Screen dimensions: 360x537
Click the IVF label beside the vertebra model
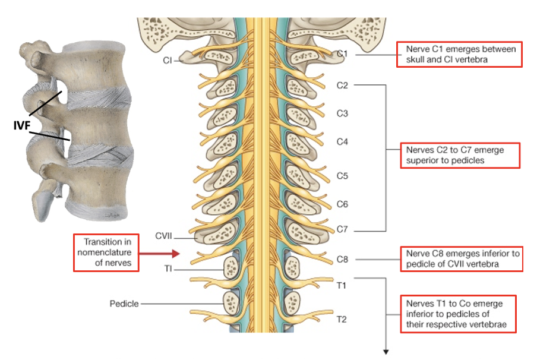[21, 125]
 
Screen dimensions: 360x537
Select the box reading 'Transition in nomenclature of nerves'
[106, 252]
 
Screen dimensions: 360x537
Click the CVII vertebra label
[164, 236]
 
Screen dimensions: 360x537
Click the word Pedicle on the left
[124, 304]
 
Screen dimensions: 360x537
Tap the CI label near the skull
[168, 60]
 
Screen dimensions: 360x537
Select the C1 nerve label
[342, 55]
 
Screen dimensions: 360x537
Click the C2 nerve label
[342, 85]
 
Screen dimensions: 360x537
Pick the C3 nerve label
[342, 113]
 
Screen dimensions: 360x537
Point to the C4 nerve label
[342, 141]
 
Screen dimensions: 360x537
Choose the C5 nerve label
[342, 176]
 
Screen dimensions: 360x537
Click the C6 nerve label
[342, 204]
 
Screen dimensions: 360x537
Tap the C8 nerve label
[342, 260]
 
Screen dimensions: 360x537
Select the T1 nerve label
[342, 286]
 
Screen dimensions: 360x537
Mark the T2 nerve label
[342, 320]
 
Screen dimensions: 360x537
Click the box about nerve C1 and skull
[460, 55]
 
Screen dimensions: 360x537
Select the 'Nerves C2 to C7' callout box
[460, 155]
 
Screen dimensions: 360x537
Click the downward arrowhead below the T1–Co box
[387, 350]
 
